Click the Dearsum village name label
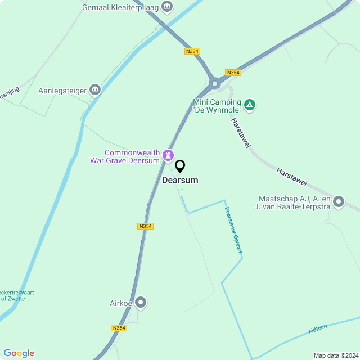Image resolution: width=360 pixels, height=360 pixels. click(x=180, y=181)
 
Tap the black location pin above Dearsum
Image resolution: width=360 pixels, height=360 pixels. click(x=180, y=166)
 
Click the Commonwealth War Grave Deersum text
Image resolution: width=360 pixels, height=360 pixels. click(x=125, y=156)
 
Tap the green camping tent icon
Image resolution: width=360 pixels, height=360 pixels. click(x=250, y=105)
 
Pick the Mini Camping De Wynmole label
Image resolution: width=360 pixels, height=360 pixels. click(x=217, y=106)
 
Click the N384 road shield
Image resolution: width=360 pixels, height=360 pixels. click(x=192, y=51)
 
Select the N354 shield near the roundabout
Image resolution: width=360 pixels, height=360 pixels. click(x=232, y=73)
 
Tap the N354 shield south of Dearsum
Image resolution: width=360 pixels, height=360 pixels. click(x=145, y=226)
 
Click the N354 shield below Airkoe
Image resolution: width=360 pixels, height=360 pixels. click(x=119, y=328)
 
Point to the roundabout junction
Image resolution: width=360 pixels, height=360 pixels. click(x=214, y=84)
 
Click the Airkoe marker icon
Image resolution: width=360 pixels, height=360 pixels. click(x=141, y=303)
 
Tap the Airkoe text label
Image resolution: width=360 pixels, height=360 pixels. click(x=120, y=303)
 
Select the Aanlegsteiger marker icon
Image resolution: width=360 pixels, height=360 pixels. click(x=95, y=90)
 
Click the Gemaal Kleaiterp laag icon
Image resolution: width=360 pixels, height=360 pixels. click(x=167, y=7)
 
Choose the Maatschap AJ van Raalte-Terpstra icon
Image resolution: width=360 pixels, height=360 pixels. click(x=339, y=202)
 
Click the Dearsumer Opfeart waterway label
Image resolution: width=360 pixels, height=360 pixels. click(x=233, y=230)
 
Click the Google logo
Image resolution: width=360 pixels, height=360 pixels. click(x=19, y=353)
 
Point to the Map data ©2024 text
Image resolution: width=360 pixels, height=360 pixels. click(x=335, y=355)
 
